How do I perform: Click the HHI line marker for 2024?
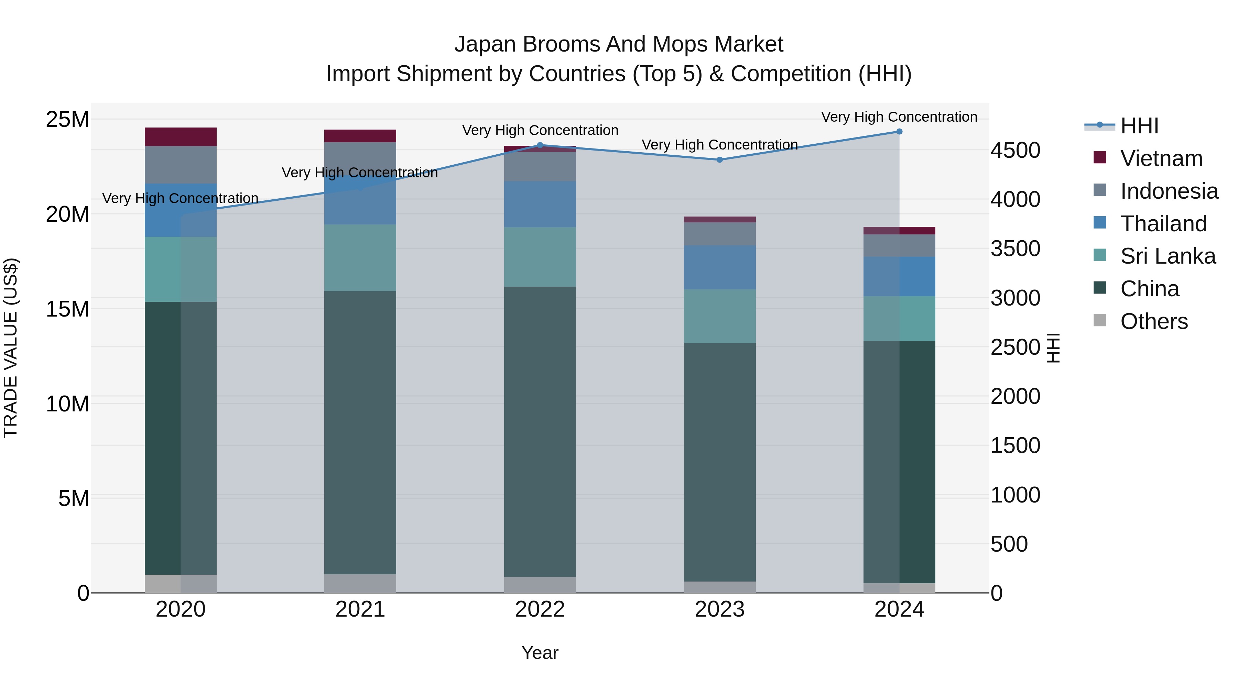(899, 132)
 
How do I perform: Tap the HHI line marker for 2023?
(719, 160)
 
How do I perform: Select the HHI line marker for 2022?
(540, 145)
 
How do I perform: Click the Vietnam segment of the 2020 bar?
(181, 137)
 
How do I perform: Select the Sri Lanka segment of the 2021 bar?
(360, 257)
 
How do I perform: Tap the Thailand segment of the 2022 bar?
(540, 204)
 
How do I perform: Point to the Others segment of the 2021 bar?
(360, 583)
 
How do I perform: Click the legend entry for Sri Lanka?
(1168, 256)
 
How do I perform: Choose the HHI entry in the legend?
(1139, 126)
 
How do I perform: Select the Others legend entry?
(1153, 321)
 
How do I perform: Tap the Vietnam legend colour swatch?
(1100, 157)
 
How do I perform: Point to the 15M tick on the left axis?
(67, 309)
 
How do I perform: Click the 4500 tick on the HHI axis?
(1015, 150)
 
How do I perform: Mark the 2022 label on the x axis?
(540, 609)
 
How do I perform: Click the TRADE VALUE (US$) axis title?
(11, 348)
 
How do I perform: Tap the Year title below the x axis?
(540, 653)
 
